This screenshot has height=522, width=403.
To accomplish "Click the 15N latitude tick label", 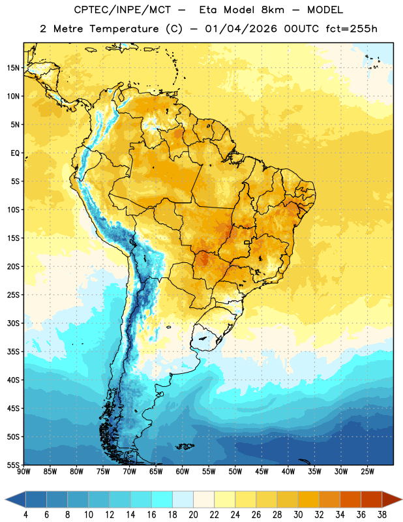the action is (x=13, y=68).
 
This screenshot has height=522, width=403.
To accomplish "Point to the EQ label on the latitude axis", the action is (x=15, y=153).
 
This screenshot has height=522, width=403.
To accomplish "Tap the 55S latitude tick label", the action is (x=13, y=465).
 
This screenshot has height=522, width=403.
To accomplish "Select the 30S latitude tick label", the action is (x=13, y=323).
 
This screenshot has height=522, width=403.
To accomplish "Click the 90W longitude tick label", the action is (x=23, y=471).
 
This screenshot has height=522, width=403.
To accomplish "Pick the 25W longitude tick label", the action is (x=367, y=471).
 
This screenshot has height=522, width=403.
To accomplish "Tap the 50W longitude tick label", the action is (x=235, y=471).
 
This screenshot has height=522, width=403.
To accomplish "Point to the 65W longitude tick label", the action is (x=156, y=471).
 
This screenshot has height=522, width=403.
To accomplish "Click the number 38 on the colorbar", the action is (x=382, y=515).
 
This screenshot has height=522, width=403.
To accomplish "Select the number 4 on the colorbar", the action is (x=25, y=515).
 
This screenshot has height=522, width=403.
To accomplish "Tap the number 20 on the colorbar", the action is (x=193, y=515).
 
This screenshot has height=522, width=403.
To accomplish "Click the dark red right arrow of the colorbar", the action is (x=392, y=499).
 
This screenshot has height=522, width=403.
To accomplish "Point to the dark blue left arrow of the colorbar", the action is (x=15, y=499).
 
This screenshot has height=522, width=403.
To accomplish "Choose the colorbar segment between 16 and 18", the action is (x=162, y=499).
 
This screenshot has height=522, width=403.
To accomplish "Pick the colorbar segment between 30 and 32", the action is (x=309, y=499).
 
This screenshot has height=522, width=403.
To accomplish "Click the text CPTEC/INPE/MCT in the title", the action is (x=123, y=10).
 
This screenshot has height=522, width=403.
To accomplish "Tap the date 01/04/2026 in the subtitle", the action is (x=241, y=29).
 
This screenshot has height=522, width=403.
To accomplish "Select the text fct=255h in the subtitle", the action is (x=351, y=29).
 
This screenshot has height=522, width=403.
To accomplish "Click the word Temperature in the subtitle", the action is (x=124, y=29).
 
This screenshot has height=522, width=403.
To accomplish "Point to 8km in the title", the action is (x=273, y=10).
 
